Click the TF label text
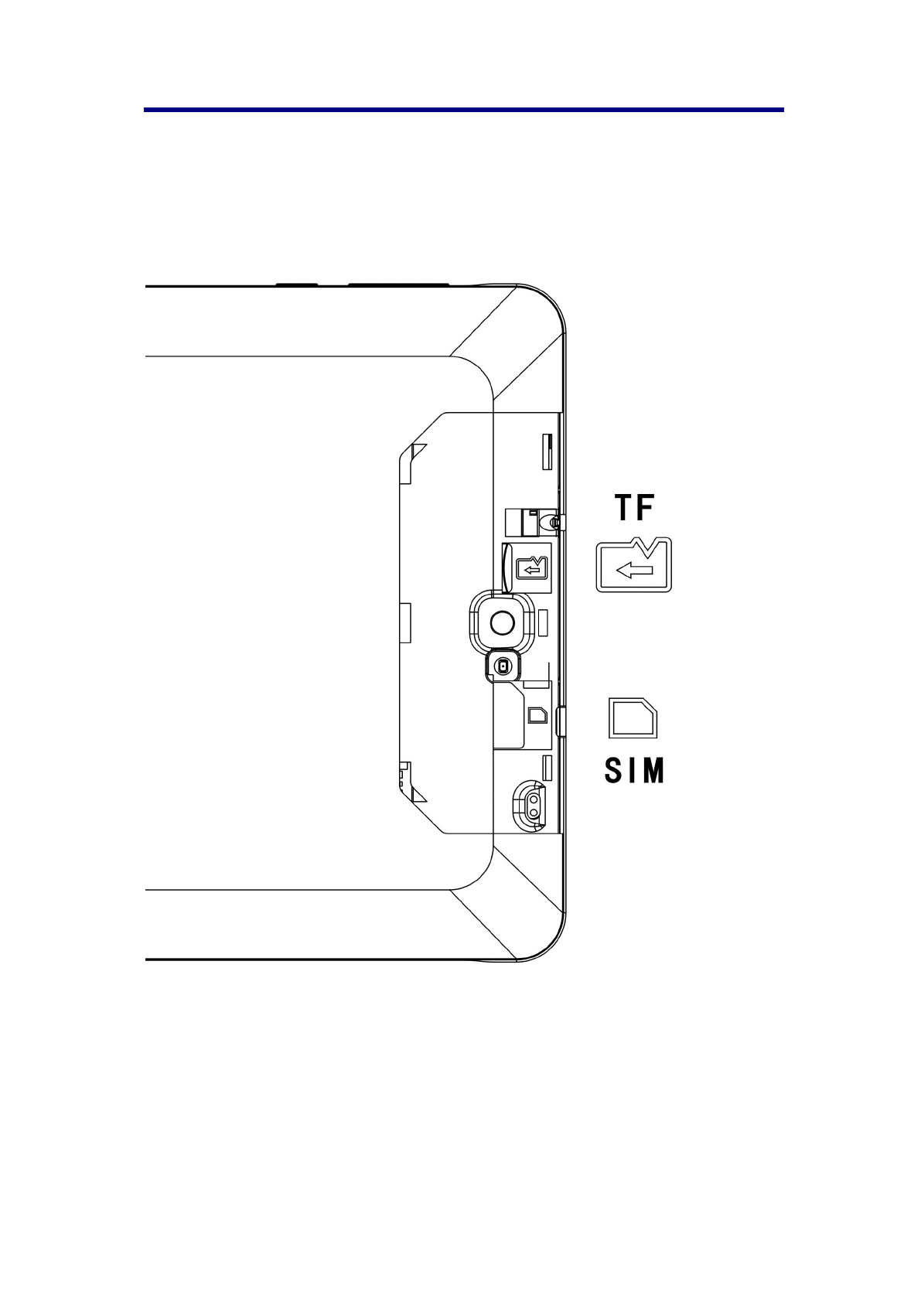[x=634, y=508]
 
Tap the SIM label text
[x=634, y=771]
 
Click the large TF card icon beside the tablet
[x=633, y=565]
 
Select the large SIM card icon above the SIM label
[x=633, y=718]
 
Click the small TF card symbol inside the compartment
[x=531, y=568]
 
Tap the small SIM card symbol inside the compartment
[x=537, y=713]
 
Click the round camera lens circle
[x=502, y=621]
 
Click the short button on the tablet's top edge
[x=296, y=285]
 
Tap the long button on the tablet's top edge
[x=398, y=285]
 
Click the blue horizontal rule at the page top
[x=463, y=110]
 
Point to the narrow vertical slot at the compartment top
[x=547, y=452]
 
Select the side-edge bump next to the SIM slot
[x=561, y=721]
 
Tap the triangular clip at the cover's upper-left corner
[x=418, y=452]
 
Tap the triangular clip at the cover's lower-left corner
[x=418, y=794]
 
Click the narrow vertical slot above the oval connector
[x=547, y=767]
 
